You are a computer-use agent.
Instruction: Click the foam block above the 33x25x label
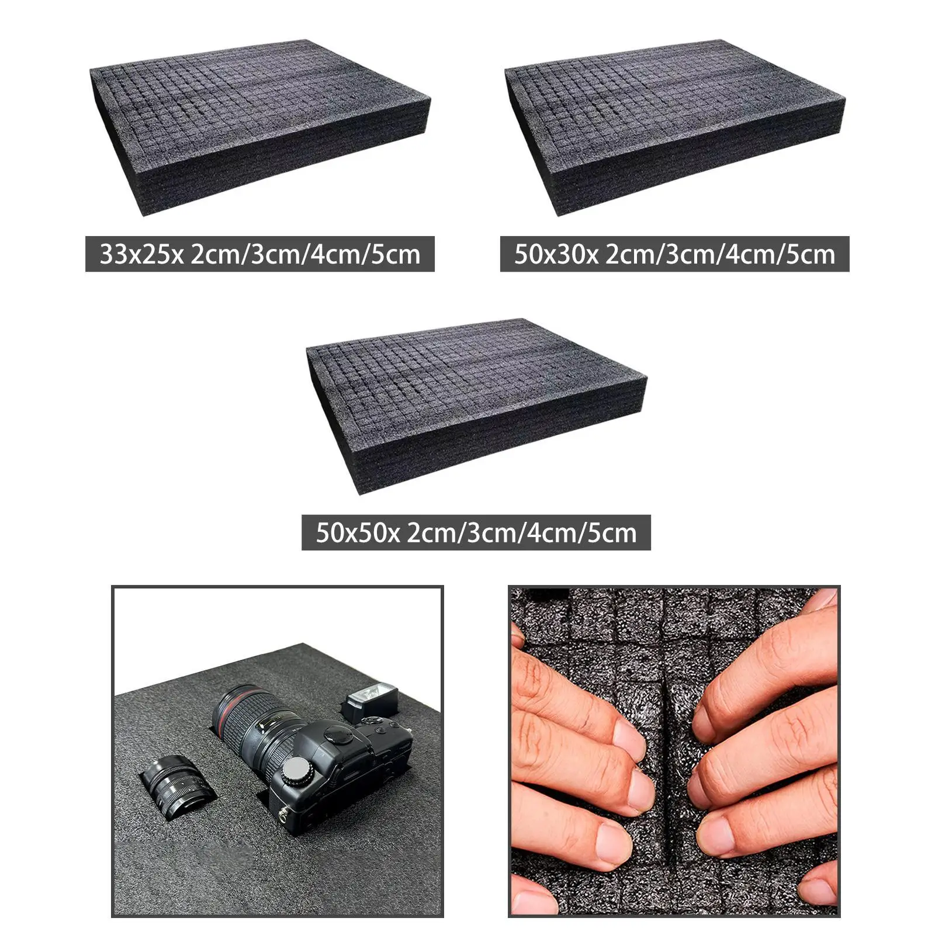(260, 126)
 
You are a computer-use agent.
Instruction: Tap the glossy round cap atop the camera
(337, 735)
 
